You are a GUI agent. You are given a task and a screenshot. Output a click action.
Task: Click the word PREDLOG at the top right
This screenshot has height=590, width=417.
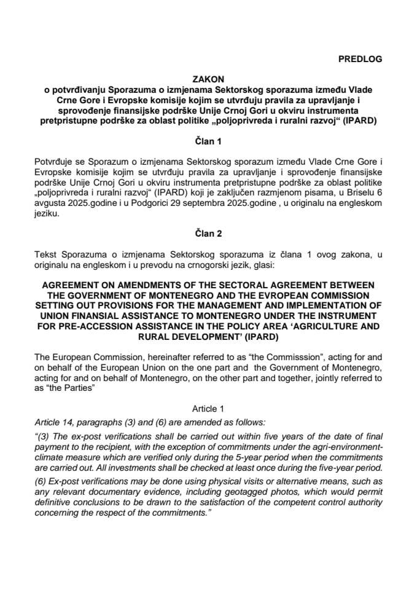coord(360,59)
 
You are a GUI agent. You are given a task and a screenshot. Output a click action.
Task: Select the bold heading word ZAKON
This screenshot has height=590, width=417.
coord(208,79)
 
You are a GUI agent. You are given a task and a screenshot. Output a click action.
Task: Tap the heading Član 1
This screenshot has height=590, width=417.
coord(208,141)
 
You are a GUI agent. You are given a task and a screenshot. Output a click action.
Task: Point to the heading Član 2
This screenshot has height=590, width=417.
coord(208,234)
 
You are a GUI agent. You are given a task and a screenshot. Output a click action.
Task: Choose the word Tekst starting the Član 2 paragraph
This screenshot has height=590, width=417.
coord(47,254)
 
